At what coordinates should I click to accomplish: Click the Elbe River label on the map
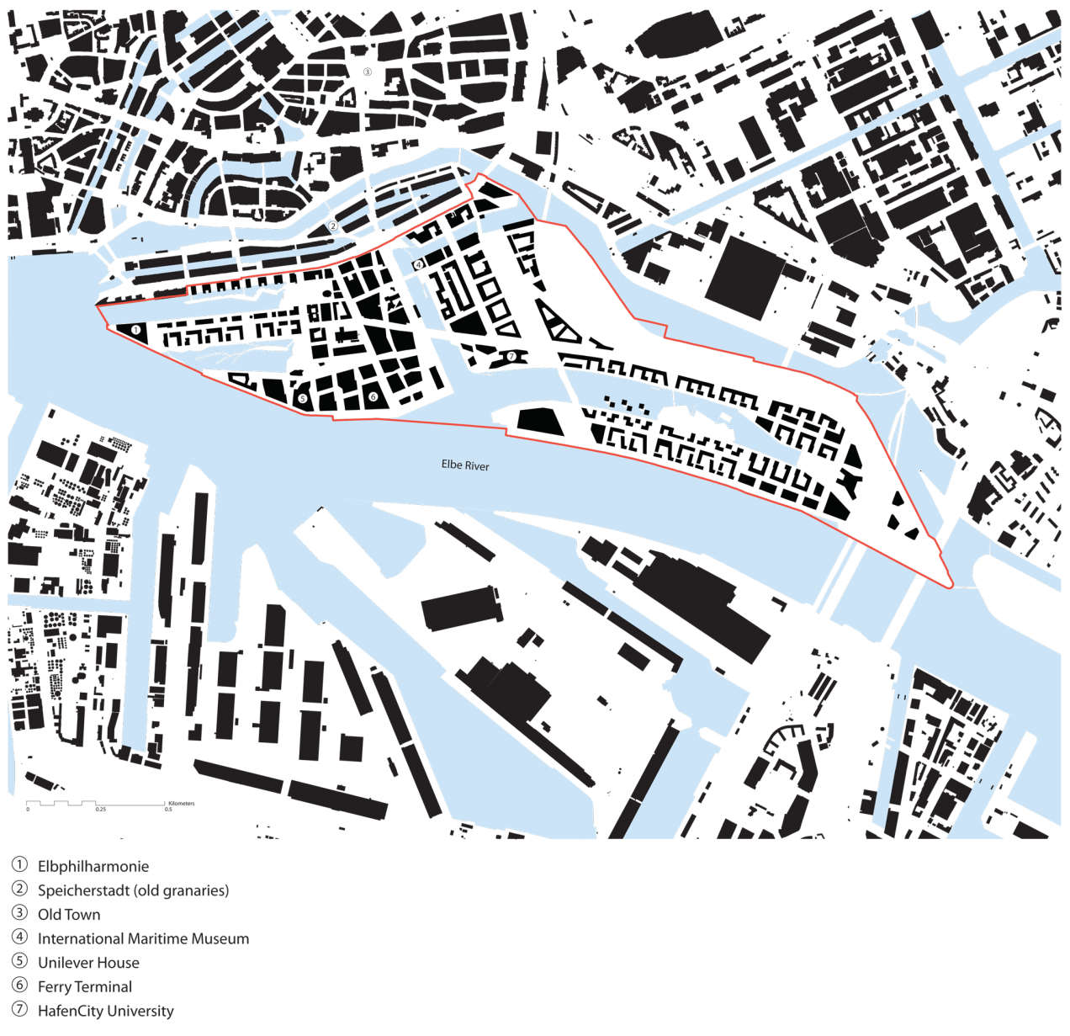pyautogui.click(x=465, y=465)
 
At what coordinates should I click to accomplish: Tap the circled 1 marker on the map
pyautogui.click(x=135, y=330)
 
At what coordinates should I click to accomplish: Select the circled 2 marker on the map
pyautogui.click(x=333, y=226)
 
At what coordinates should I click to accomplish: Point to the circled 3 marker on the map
pyautogui.click(x=367, y=72)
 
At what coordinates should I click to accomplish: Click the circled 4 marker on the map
pyautogui.click(x=419, y=265)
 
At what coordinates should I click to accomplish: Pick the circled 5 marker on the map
pyautogui.click(x=303, y=398)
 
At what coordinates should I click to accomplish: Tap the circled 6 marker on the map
pyautogui.click(x=373, y=396)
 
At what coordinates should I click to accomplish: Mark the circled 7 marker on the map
pyautogui.click(x=511, y=356)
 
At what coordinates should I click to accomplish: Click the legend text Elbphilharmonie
pyautogui.click(x=93, y=866)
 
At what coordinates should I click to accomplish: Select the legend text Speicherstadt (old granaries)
pyautogui.click(x=133, y=890)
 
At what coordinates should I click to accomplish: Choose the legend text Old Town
pyautogui.click(x=69, y=915)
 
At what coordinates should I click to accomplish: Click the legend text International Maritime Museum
pyautogui.click(x=143, y=938)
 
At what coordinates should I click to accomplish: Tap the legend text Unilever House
pyautogui.click(x=88, y=963)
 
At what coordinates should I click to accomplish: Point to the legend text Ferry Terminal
pyautogui.click(x=85, y=986)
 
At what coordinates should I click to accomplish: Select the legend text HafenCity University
pyautogui.click(x=105, y=1011)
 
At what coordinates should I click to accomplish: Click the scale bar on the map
pyautogui.click(x=97, y=804)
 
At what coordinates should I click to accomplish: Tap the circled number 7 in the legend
pyautogui.click(x=19, y=1009)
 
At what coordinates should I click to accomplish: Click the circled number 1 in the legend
pyautogui.click(x=19, y=864)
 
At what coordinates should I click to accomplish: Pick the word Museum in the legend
pyautogui.click(x=220, y=938)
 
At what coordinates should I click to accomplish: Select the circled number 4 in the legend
pyautogui.click(x=19, y=937)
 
